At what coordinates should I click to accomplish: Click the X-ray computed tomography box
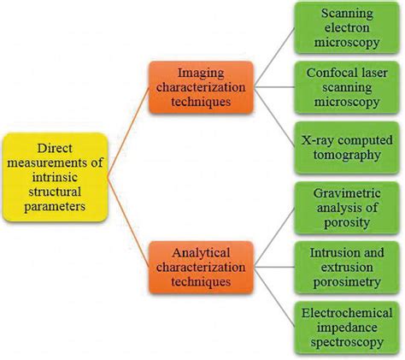pos(343,146)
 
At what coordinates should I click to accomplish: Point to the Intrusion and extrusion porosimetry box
pos(343,265)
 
